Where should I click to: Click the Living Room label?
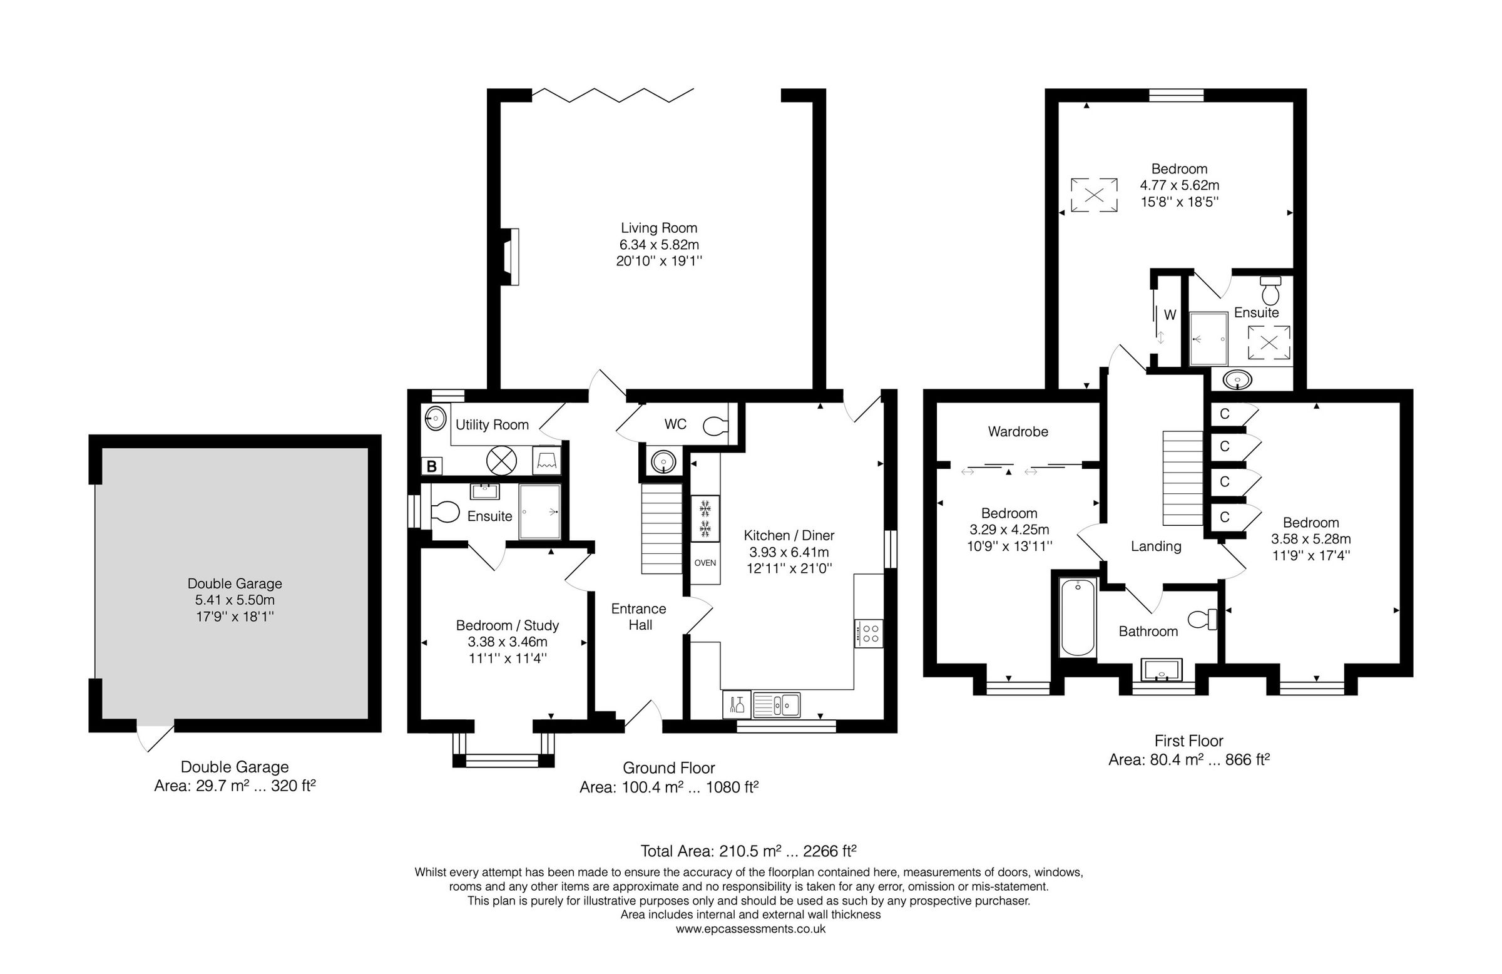[658, 228]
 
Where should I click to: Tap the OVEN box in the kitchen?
[704, 563]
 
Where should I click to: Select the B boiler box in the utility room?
[432, 466]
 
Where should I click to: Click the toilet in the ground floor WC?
[716, 426]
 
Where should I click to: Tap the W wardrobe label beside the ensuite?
[1170, 314]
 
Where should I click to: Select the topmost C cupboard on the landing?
[1225, 414]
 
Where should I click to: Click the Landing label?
[1155, 546]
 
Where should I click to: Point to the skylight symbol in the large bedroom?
[1094, 195]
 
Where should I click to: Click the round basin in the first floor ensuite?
[1237, 380]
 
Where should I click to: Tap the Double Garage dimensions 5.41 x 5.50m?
[235, 600]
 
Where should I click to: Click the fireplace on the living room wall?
[511, 256]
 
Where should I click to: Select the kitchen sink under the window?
[776, 704]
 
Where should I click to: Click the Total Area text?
[748, 851]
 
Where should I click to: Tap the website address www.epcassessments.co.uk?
[750, 929]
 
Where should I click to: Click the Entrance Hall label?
[639, 617]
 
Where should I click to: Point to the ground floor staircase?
[662, 528]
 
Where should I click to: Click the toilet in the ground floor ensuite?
[446, 512]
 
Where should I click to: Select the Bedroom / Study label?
[508, 625]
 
